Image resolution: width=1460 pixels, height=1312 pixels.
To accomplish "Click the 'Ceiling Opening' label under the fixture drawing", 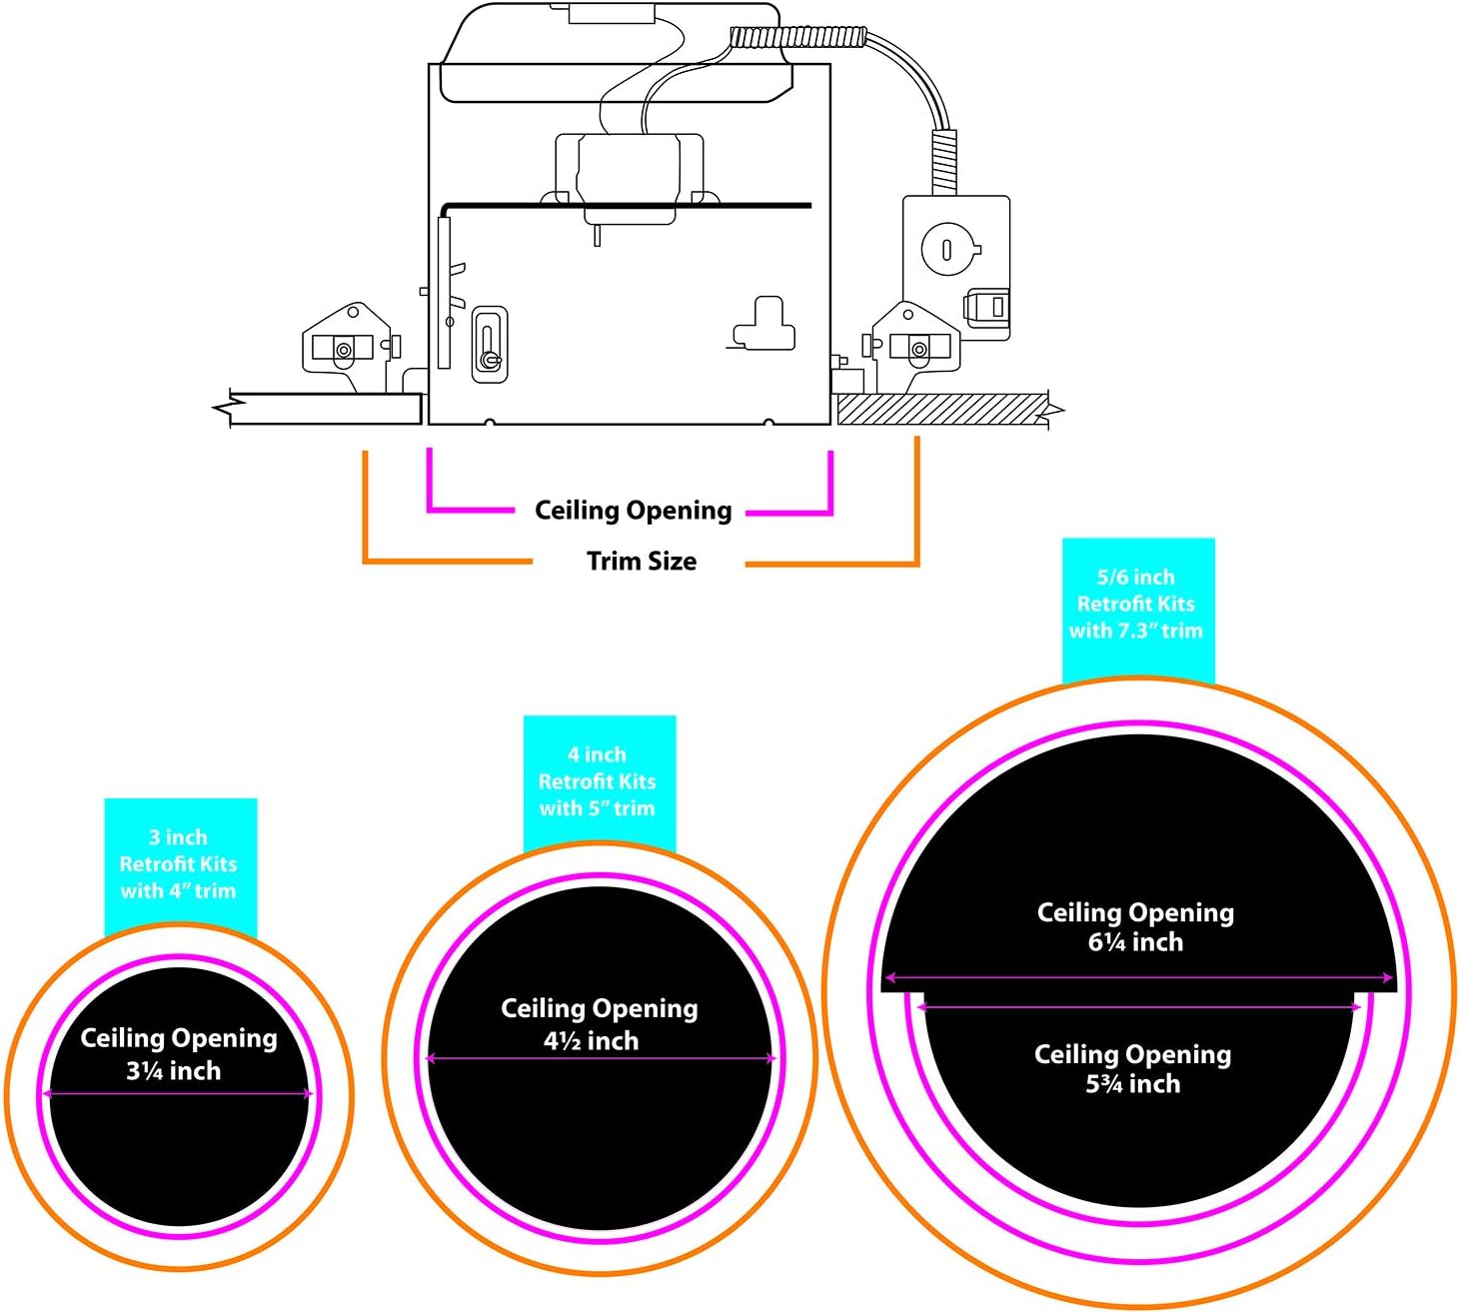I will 634,511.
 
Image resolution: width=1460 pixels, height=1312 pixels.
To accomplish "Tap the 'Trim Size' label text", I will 642,562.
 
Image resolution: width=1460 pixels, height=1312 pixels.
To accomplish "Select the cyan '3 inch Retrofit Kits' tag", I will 180,863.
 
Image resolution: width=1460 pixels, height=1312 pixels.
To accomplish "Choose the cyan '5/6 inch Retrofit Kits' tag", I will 1137,604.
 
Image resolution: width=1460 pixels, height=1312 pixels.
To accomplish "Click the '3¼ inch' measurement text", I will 174,1071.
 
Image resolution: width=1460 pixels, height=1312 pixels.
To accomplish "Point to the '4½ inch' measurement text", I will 592,1041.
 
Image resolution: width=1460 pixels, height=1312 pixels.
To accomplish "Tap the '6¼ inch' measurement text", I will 1136,942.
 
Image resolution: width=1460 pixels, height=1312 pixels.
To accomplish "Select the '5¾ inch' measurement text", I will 1133,1084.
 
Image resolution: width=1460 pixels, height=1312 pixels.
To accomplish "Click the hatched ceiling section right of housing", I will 939,409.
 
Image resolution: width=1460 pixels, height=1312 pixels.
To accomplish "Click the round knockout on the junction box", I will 946,247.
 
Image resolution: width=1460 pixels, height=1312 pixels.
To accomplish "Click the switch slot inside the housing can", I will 489,344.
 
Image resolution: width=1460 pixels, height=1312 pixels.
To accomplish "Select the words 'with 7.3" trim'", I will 1137,631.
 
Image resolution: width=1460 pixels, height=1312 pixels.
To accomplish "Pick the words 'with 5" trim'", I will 598,808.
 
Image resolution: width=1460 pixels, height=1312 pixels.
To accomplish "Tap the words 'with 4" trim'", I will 179,891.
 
